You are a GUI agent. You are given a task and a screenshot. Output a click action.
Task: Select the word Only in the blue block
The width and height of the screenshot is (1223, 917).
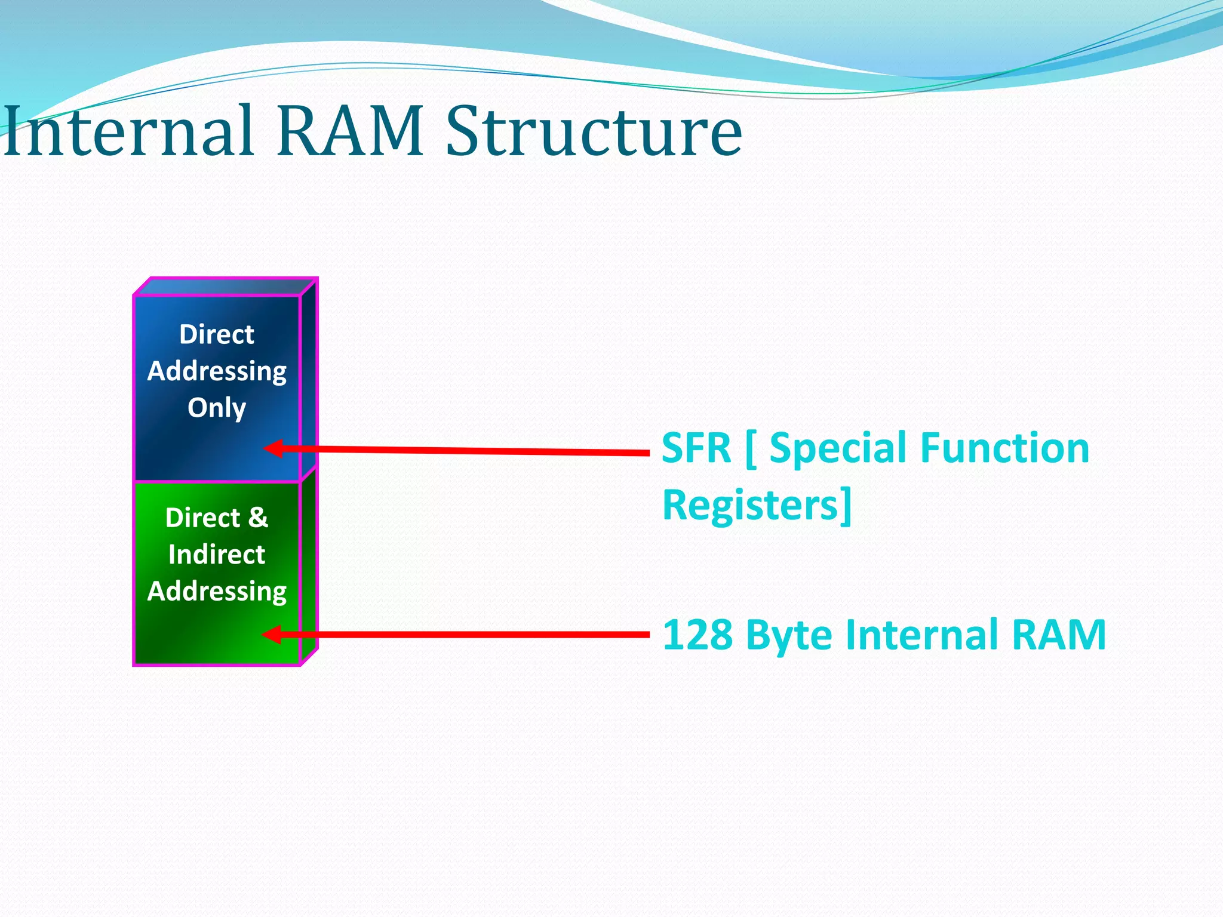[x=217, y=408]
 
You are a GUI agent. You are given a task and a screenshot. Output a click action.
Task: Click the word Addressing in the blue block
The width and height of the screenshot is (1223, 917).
[x=217, y=371]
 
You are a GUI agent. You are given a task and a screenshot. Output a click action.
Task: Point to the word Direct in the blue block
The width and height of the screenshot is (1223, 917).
[x=217, y=334]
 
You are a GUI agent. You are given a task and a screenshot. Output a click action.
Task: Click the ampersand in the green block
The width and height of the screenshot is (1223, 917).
[x=259, y=518]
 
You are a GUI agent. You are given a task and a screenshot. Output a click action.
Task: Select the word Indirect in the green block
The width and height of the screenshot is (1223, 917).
[x=217, y=555]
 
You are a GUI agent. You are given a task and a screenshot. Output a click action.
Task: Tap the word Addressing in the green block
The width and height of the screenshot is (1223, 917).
[x=217, y=591]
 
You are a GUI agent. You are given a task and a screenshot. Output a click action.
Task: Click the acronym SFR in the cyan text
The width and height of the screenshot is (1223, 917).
[x=696, y=448]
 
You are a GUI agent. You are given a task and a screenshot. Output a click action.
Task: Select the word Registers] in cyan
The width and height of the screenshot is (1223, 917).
[x=757, y=505]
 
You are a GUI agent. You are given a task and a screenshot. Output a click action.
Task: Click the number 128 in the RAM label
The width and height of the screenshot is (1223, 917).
[x=697, y=635]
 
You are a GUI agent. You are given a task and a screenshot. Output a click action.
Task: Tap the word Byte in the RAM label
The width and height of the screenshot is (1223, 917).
[x=789, y=635]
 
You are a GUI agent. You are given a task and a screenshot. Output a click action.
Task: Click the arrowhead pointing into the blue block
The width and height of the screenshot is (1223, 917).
[x=274, y=448]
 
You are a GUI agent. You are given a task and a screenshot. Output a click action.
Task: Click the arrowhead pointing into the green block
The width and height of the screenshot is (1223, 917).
[x=272, y=634]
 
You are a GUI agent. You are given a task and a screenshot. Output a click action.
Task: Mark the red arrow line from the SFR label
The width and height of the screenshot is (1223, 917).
[x=466, y=451]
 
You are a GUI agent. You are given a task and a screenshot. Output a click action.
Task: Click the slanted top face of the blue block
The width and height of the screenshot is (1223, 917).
[x=226, y=287]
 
